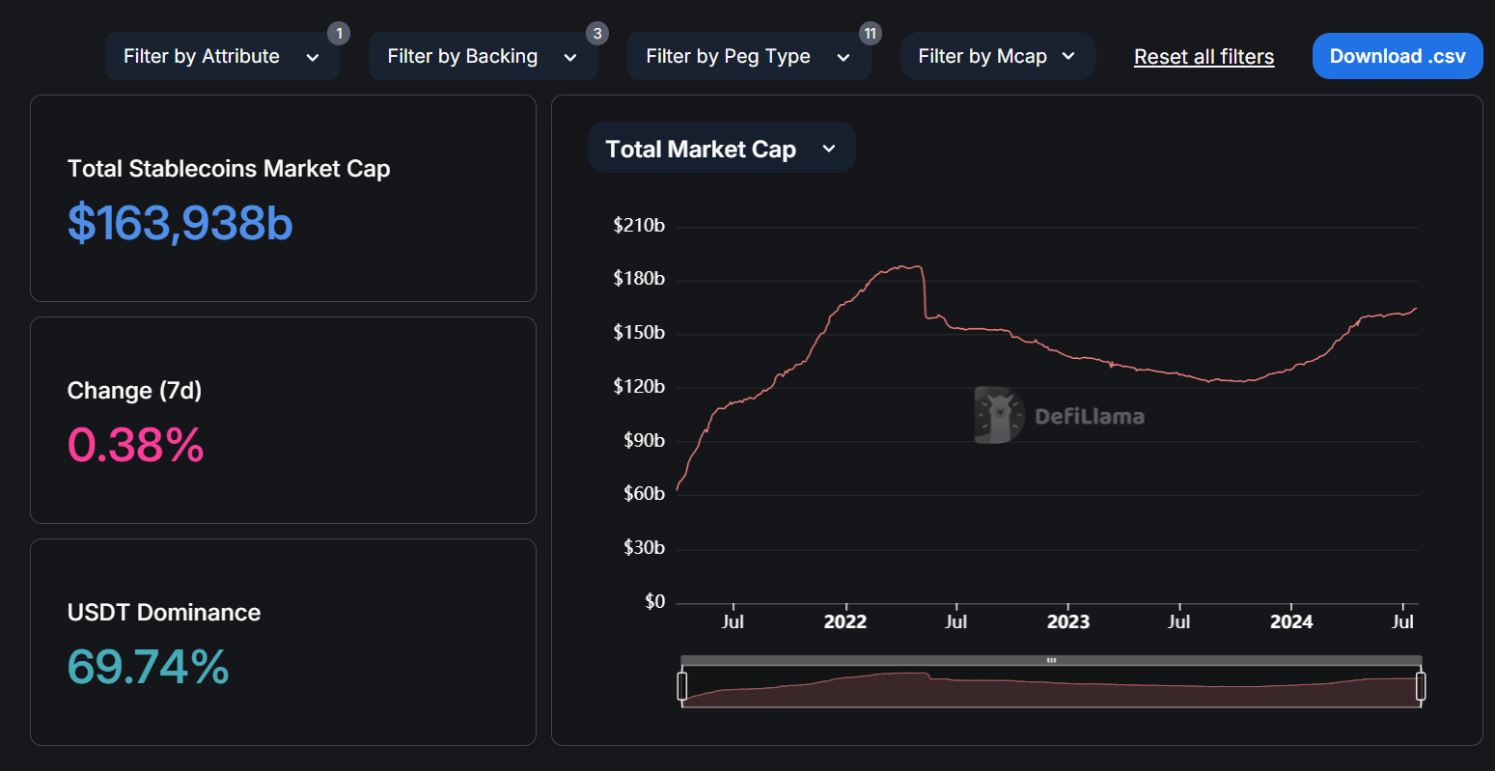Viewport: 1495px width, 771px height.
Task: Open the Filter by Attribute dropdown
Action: pos(221,57)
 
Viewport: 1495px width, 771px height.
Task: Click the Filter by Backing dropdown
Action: pos(482,57)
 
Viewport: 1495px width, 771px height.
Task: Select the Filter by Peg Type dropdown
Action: pos(748,57)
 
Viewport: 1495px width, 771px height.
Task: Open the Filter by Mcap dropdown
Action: pos(997,57)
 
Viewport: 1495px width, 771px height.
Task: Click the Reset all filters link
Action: pos(1204,57)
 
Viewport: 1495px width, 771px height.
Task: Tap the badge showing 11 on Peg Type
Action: pos(870,34)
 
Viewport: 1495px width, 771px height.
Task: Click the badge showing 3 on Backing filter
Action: pos(597,34)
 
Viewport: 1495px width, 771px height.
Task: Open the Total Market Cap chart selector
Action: pos(720,149)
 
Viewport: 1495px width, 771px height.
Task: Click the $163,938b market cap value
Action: pos(180,223)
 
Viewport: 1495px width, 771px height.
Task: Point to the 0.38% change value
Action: pos(136,445)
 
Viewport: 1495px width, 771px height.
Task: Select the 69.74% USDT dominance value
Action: pos(149,667)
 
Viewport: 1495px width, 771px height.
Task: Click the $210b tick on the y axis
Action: pos(639,226)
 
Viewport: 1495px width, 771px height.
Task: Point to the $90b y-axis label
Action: pos(644,441)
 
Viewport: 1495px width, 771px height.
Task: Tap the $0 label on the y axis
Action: pos(654,602)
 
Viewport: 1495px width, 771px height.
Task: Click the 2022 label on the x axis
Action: pos(844,622)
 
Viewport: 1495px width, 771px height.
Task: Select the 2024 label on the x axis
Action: pos(1290,622)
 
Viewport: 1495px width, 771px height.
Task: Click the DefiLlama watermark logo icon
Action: pos(998,416)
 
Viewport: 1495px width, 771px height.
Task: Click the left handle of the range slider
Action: pos(682,686)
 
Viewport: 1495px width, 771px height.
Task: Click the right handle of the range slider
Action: pos(1420,686)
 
